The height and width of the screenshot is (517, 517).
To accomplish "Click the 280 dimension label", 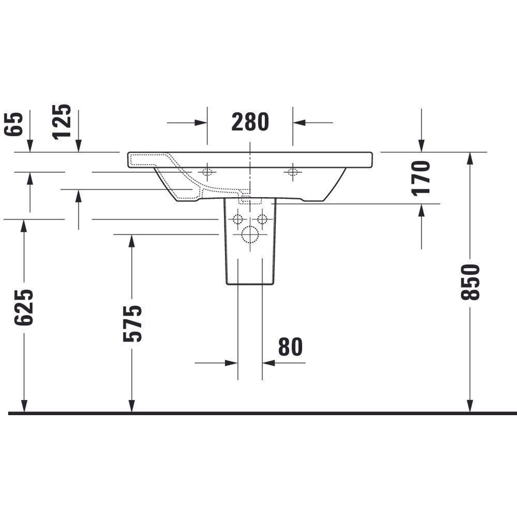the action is (250, 122).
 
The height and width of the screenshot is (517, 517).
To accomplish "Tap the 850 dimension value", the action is (470, 282).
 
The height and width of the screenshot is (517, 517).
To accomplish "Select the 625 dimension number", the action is (24, 307).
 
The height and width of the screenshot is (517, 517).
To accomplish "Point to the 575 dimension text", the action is (132, 324).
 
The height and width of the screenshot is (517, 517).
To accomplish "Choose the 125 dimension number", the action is (62, 122).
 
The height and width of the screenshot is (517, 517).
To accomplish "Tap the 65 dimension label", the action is (13, 124).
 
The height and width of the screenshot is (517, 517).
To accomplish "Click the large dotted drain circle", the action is (250, 234).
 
